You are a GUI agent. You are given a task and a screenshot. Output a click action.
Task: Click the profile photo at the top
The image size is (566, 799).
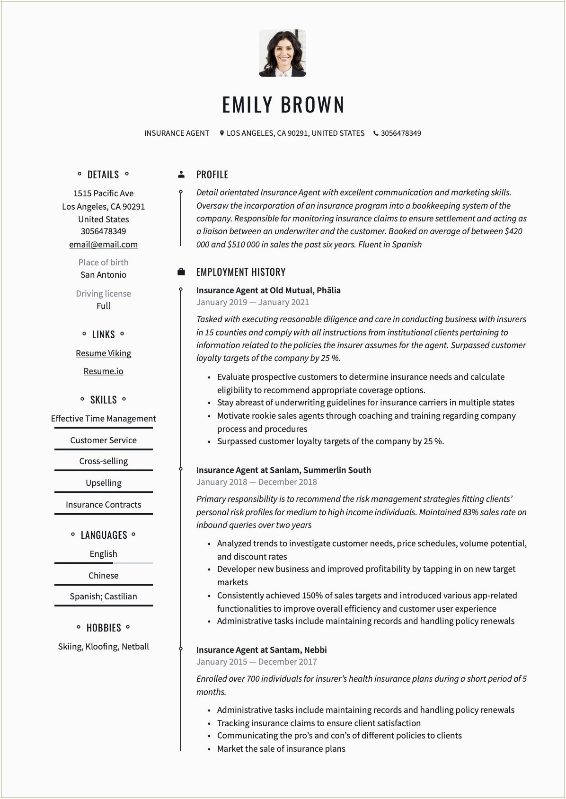(283, 53)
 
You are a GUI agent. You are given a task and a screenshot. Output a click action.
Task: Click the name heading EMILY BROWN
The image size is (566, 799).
(283, 105)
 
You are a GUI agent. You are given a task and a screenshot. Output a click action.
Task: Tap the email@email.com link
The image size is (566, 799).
(103, 245)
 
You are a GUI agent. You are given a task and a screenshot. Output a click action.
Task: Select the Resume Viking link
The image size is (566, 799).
(103, 353)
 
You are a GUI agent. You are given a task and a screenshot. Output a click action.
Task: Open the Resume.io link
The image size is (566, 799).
(103, 371)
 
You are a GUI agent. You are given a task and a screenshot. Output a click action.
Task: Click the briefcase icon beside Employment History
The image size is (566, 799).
(181, 272)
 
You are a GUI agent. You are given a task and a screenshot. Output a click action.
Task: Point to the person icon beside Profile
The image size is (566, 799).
(181, 175)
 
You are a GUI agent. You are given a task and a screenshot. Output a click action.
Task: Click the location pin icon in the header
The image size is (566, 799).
(221, 133)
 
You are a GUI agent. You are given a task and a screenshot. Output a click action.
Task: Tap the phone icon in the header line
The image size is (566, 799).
(376, 133)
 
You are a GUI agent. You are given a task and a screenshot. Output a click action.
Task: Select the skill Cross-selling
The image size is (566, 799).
(103, 461)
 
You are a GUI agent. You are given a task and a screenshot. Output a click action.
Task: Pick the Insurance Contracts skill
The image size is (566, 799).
(103, 505)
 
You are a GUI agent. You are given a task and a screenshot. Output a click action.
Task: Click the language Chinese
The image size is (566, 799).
(103, 576)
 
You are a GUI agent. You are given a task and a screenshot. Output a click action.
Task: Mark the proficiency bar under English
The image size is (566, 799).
(103, 563)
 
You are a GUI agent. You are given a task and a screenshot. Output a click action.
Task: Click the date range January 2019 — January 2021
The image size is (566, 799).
(252, 302)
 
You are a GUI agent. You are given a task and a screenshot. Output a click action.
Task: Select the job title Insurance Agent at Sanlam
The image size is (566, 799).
(283, 470)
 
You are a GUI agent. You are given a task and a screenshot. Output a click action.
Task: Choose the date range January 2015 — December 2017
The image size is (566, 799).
(256, 662)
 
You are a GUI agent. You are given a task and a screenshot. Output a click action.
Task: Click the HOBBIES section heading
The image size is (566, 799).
(103, 628)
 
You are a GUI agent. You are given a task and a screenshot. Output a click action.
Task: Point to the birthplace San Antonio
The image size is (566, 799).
(103, 275)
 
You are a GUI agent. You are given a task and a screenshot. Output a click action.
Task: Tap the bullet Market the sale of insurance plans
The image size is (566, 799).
(281, 749)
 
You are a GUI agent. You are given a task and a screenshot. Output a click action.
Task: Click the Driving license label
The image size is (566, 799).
(103, 294)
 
